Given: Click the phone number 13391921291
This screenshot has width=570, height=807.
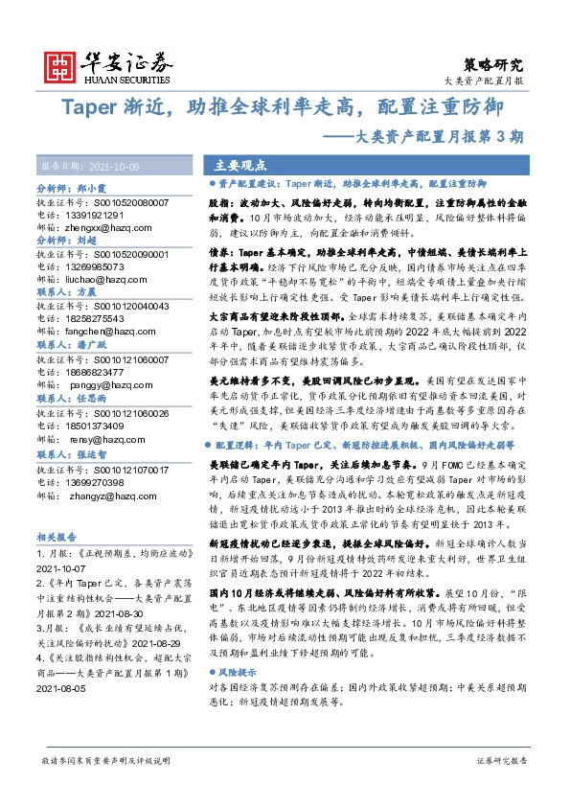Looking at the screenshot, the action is coord(95,216).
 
